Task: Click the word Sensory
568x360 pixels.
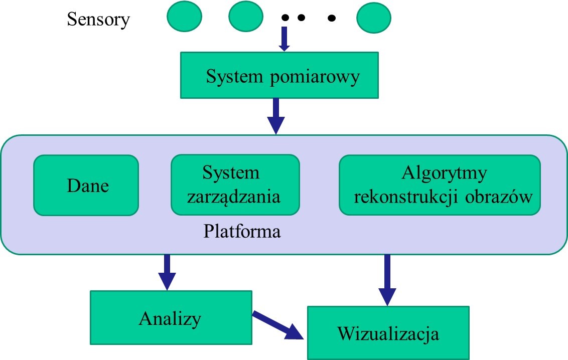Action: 98,20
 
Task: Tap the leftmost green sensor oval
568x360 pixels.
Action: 184,17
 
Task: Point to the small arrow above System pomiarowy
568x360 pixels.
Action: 284,39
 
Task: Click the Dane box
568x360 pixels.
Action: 86,185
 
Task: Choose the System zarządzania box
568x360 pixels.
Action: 235,185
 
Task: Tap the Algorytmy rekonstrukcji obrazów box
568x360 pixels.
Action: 440,185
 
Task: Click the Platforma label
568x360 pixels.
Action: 242,232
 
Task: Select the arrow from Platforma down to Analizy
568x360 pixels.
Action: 167,272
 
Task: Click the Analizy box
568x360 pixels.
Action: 170,318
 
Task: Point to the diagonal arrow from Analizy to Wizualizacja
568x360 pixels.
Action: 278,325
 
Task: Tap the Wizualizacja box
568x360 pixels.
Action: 388,333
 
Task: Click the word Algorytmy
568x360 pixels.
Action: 445,173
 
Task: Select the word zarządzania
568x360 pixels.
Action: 233,197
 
